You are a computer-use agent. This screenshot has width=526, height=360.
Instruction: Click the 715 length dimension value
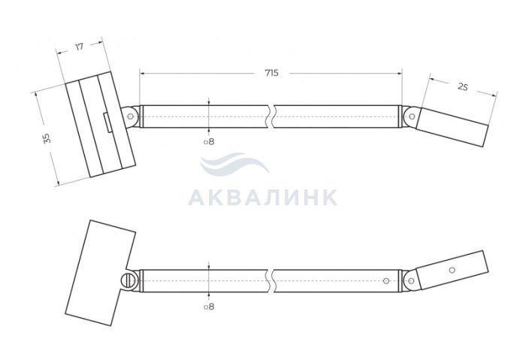tap(271, 73)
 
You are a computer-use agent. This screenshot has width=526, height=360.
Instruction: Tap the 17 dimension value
tap(79, 47)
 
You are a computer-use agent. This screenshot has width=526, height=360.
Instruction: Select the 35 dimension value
tap(47, 138)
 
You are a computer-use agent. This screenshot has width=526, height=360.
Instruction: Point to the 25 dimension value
tap(463, 86)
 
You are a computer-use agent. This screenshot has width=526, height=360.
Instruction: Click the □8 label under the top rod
tap(209, 141)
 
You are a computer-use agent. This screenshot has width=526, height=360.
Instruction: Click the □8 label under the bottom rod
tap(209, 307)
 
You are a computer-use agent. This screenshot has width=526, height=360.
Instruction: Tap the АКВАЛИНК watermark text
tap(263, 198)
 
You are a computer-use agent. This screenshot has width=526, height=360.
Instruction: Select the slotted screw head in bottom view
tap(128, 280)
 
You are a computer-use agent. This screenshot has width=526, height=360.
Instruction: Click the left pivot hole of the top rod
tap(131, 116)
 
